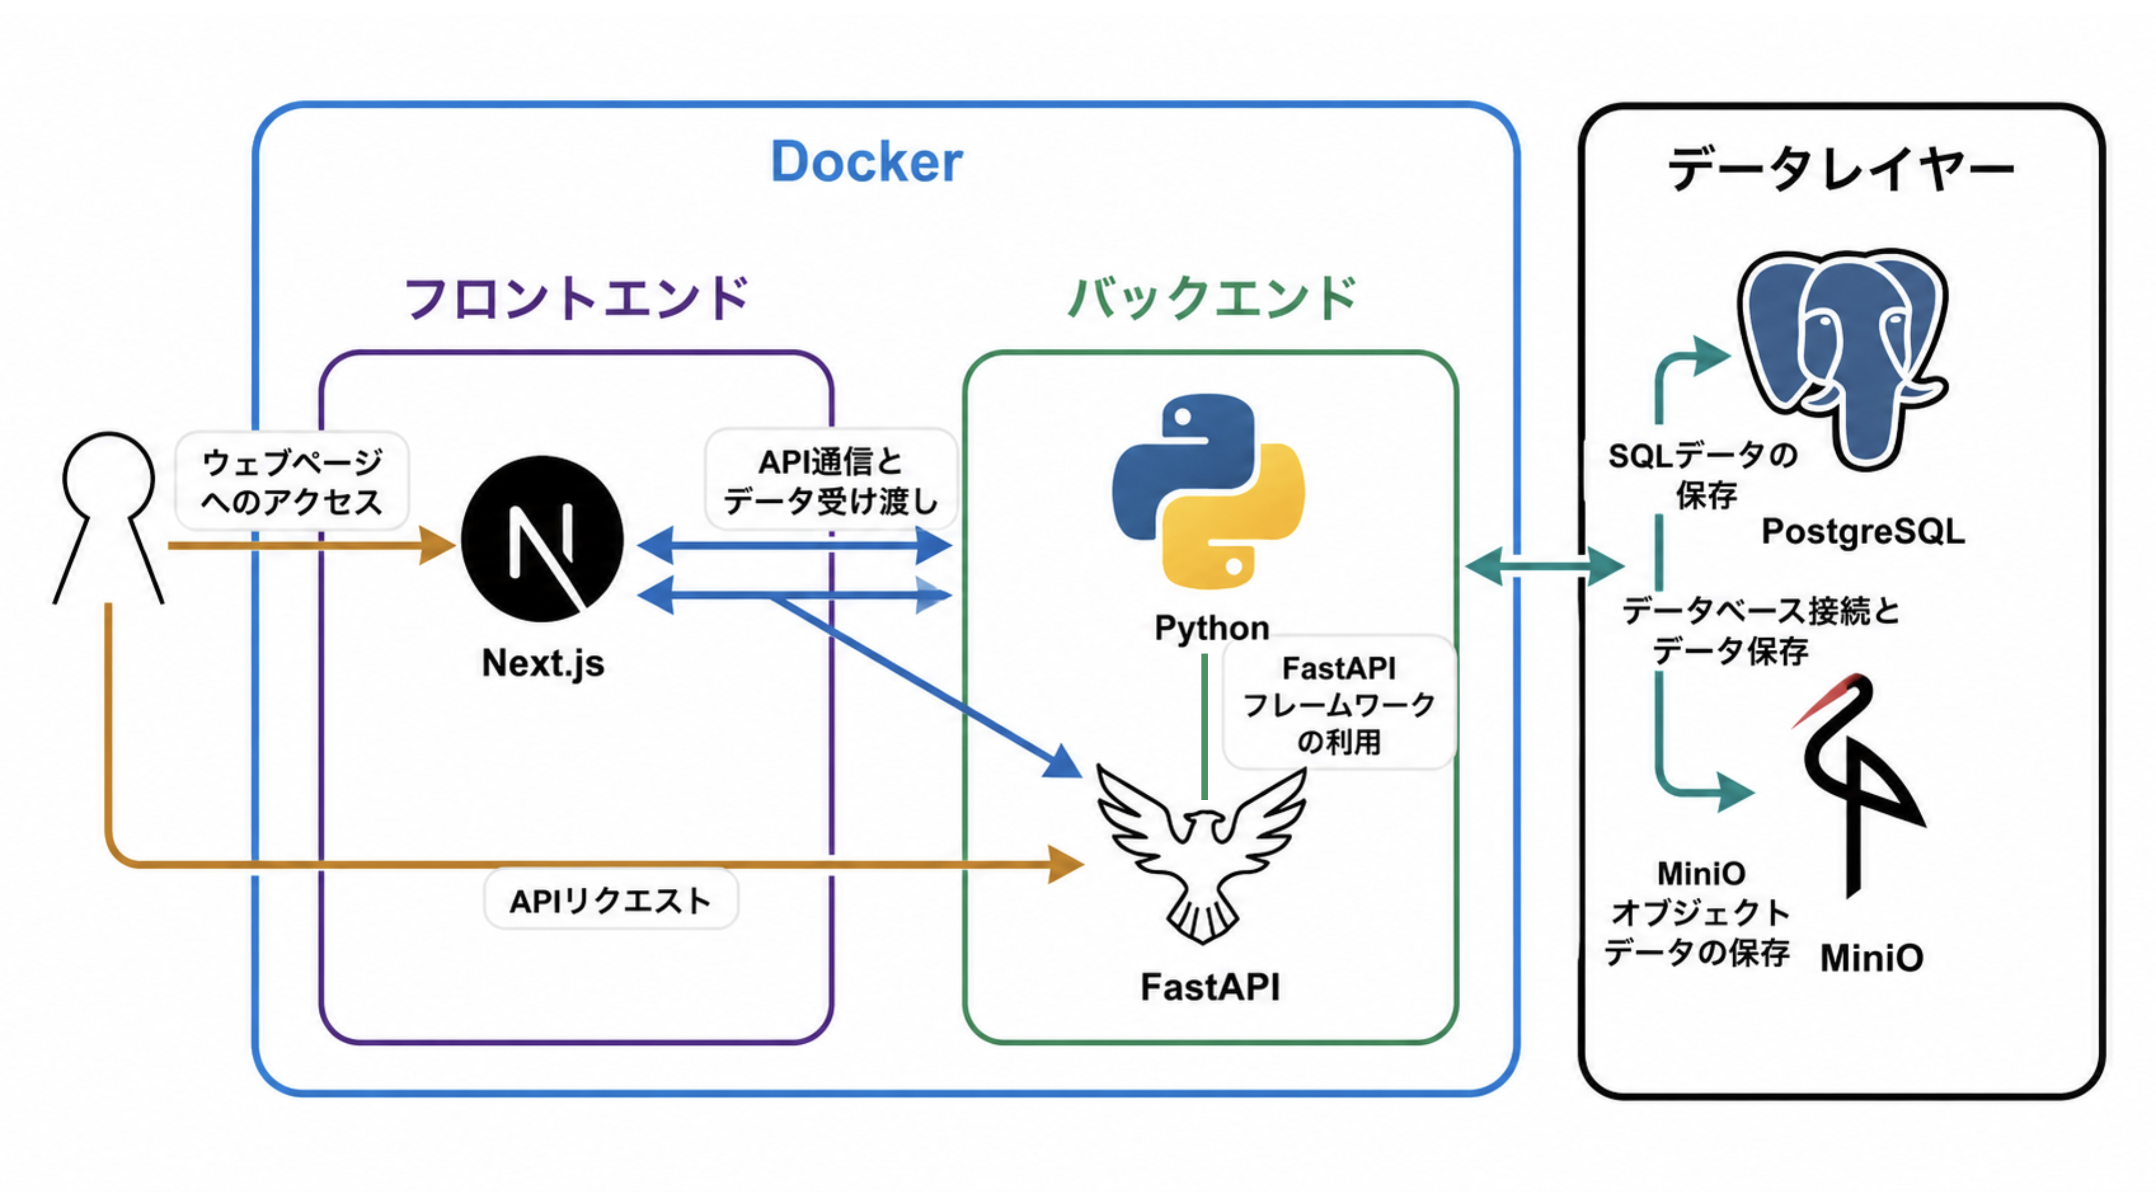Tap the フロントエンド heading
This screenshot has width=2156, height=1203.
coord(576,298)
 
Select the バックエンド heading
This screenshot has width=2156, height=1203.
coord(1212,298)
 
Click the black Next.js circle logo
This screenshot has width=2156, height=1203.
coord(543,539)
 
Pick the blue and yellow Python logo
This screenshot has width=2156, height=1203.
coord(1208,491)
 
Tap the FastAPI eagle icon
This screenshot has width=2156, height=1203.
coord(1202,854)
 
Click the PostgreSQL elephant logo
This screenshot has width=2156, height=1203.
coord(1844,360)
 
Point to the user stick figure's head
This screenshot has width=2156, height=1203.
coord(109,475)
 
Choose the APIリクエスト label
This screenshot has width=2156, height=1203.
coord(611,900)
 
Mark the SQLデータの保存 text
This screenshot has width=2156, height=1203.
coord(1703,475)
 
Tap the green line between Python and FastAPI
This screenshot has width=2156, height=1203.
coord(1204,726)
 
